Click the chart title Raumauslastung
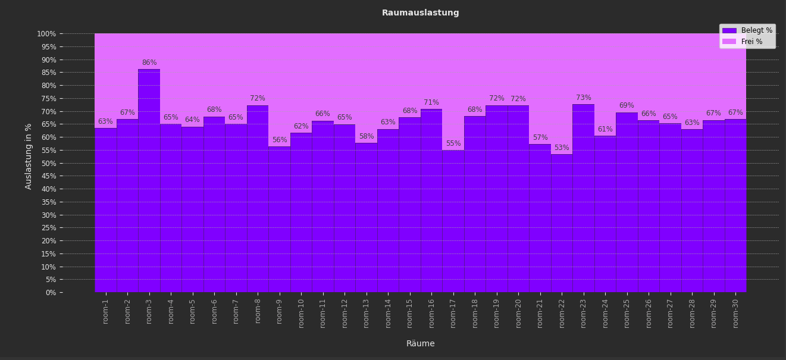pyautogui.click(x=420, y=13)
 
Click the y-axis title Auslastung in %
pyautogui.click(x=29, y=156)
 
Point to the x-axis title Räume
pyautogui.click(x=420, y=344)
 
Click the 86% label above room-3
pyautogui.click(x=149, y=63)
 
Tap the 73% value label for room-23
pyautogui.click(x=584, y=98)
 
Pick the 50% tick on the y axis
pyautogui.click(x=48, y=163)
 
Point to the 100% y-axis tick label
pyautogui.click(x=46, y=34)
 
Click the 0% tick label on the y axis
pyautogui.click(x=51, y=292)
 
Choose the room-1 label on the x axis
pyautogui.click(x=106, y=311)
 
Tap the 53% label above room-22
pyautogui.click(x=562, y=148)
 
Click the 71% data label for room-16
pyautogui.click(x=431, y=103)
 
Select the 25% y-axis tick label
pyautogui.click(x=48, y=228)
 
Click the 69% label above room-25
pyautogui.click(x=627, y=106)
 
